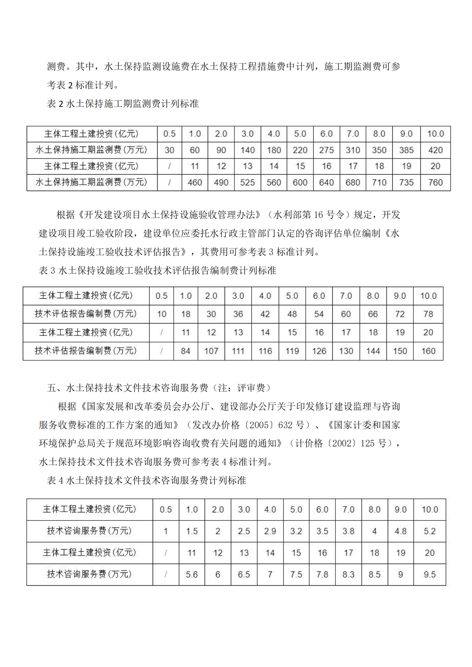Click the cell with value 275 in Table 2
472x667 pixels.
pos(326,150)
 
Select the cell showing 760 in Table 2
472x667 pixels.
pos(435,182)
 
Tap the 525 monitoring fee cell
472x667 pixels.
pos(247,182)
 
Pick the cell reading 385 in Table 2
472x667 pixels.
pos(406,150)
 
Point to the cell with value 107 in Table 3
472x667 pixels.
pos(211,351)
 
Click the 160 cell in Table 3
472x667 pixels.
pos(428,351)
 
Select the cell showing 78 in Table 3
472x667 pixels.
pos(428,314)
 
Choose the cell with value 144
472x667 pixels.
pos(373,351)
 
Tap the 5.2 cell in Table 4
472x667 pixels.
pos(430,531)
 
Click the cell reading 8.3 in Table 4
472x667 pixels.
pos(348,574)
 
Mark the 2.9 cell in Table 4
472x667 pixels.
pos(270,531)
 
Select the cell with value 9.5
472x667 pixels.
pos(430,574)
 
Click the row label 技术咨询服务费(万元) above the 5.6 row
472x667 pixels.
pos(89,531)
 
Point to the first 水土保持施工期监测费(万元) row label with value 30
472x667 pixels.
pos(91,150)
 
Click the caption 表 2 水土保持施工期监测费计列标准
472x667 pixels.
pos(123,104)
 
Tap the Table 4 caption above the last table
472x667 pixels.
pos(146,480)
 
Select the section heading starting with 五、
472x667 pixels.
pos(160,388)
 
